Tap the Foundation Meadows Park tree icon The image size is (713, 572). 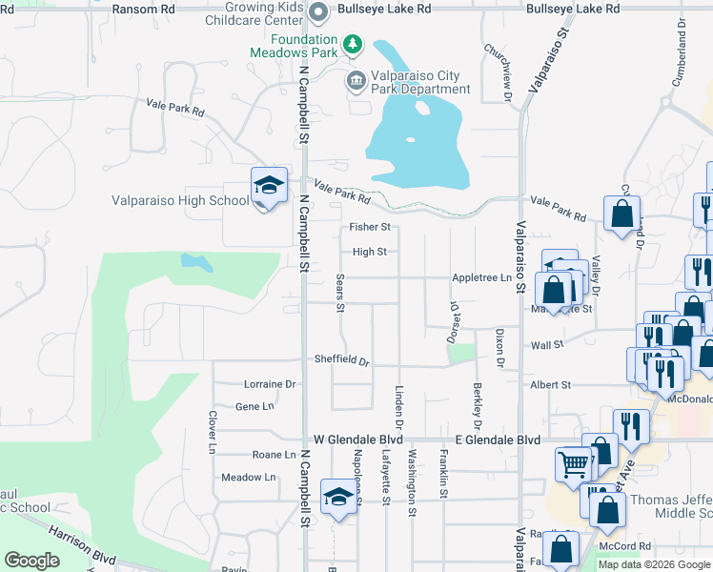pyautogui.click(x=353, y=44)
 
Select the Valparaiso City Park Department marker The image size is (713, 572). pyautogui.click(x=356, y=80)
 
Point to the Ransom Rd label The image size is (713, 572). pyautogui.click(x=144, y=8)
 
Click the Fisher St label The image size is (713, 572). pyautogui.click(x=370, y=227)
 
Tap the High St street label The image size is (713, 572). pyautogui.click(x=369, y=252)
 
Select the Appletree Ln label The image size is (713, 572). pyautogui.click(x=481, y=278)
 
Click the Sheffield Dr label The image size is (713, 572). pyautogui.click(x=342, y=359)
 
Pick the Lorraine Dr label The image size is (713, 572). pyautogui.click(x=270, y=384)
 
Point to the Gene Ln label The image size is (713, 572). pyautogui.click(x=254, y=406)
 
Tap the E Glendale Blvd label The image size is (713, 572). pyautogui.click(x=497, y=439)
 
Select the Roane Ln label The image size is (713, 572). pyautogui.click(x=274, y=456)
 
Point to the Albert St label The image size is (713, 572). pyautogui.click(x=550, y=384)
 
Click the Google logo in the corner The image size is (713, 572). pyautogui.click(x=31, y=561)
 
